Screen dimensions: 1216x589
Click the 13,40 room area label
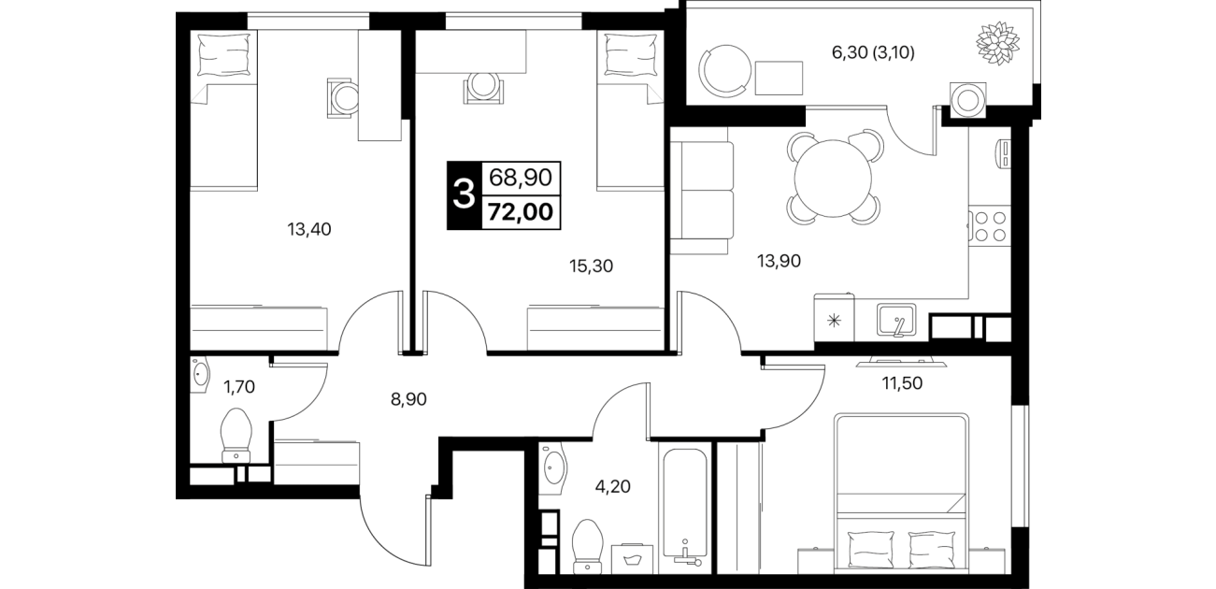308,230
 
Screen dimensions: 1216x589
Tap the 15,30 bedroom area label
591,266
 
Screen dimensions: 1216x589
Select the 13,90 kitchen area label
779,261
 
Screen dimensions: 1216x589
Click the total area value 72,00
521,211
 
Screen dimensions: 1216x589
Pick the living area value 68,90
521,177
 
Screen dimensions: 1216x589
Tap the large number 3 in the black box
464,194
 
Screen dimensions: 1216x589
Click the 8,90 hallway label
408,399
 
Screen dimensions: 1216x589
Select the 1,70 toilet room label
239,387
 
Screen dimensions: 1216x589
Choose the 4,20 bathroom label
613,486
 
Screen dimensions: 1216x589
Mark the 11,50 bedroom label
902,383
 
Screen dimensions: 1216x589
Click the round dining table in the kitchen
833,178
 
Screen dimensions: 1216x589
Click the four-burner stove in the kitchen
990,226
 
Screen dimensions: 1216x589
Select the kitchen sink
896,321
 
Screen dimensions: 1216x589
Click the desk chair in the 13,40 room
343,98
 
